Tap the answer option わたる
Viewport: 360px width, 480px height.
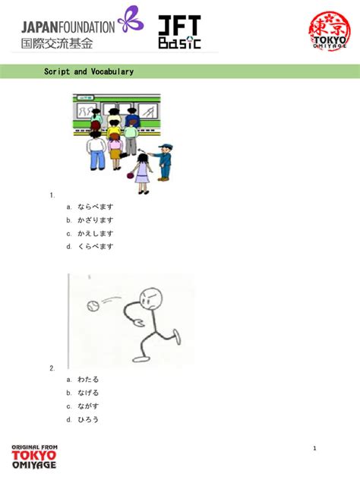pos(88,380)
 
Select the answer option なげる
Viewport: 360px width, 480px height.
pos(88,393)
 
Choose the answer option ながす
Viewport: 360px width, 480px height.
pos(88,406)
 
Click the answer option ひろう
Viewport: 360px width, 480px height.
pos(88,419)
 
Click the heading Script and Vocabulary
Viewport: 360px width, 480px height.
pos(89,71)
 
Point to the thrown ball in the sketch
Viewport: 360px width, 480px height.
pos(93,305)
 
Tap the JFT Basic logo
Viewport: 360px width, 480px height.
pos(179,33)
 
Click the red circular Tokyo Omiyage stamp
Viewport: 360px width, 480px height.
pos(329,33)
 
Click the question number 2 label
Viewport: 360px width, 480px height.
pos(52,368)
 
